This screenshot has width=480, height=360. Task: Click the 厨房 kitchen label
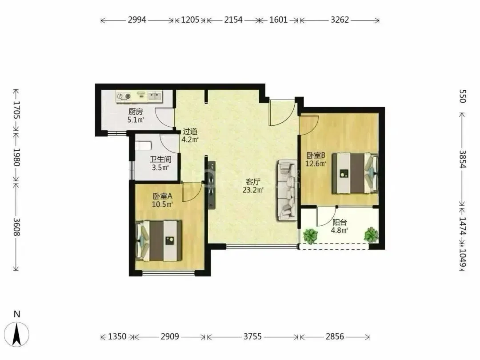tap(135, 112)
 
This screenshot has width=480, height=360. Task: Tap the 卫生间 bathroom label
tap(160, 160)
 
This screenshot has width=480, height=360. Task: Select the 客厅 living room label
tap(253, 182)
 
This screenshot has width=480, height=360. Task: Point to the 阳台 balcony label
tap(340, 223)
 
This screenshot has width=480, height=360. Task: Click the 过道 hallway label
tap(190, 132)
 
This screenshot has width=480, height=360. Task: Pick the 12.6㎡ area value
tap(316, 164)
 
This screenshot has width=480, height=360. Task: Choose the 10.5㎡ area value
tap(162, 204)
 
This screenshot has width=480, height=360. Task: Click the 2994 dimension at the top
tap(137, 20)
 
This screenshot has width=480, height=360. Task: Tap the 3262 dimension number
tap(340, 20)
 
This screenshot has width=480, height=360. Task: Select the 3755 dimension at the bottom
tap(252, 337)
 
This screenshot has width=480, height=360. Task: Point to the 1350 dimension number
tap(117, 337)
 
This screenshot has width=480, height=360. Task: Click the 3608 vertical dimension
tap(16, 227)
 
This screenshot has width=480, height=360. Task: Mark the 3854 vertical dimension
tap(462, 159)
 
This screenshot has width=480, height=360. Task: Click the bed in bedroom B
tap(356, 173)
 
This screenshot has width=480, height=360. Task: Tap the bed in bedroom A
tap(159, 240)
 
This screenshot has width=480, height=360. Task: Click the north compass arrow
tap(17, 334)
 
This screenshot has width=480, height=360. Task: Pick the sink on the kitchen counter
tap(155, 96)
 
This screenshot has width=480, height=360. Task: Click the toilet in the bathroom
tap(143, 145)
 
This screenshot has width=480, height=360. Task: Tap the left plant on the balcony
tap(310, 236)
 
